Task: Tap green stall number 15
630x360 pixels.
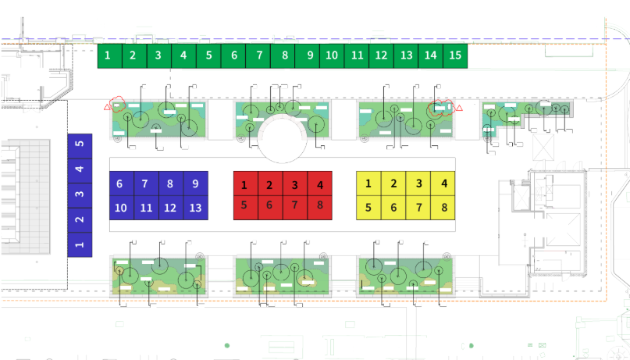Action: click(x=455, y=56)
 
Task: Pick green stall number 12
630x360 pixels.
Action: click(x=381, y=56)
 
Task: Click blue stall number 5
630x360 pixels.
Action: click(x=80, y=146)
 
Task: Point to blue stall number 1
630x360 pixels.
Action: click(x=80, y=244)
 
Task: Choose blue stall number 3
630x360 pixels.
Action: click(x=80, y=195)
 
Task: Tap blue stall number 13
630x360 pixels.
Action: click(x=196, y=208)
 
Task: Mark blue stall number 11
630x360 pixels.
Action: click(x=146, y=208)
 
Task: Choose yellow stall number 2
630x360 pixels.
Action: click(x=393, y=184)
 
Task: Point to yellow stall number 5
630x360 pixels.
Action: click(x=368, y=208)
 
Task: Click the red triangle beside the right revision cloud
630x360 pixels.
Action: click(x=459, y=108)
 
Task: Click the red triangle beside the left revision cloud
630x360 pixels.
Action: click(x=107, y=107)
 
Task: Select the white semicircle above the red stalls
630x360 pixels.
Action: click(x=283, y=138)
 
